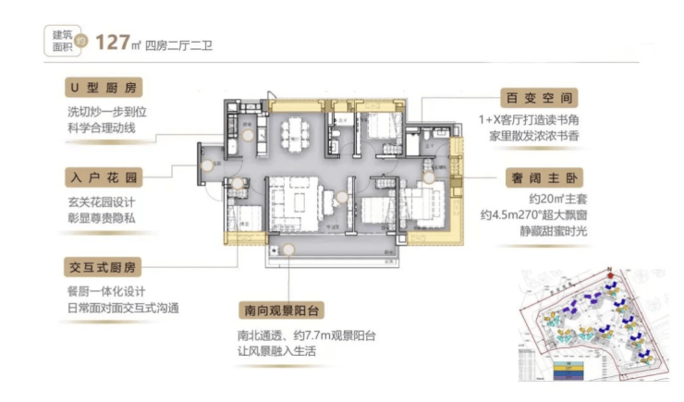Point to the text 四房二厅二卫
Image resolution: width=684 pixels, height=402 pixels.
tap(182, 43)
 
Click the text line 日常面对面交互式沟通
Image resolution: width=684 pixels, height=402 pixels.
tap(122, 306)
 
